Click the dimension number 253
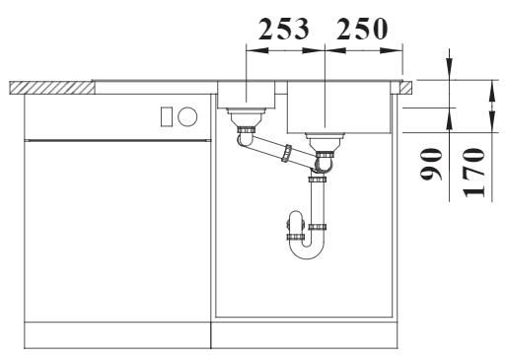coord(284,29)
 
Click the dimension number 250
coord(362,29)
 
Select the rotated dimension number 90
coord(431,165)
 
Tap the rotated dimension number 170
coord(473,173)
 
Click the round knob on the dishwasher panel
coord(187,116)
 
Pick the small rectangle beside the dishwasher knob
coord(166,116)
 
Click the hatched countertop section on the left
coord(52,88)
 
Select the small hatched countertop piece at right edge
coord(405,88)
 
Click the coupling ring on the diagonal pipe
coord(287,153)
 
